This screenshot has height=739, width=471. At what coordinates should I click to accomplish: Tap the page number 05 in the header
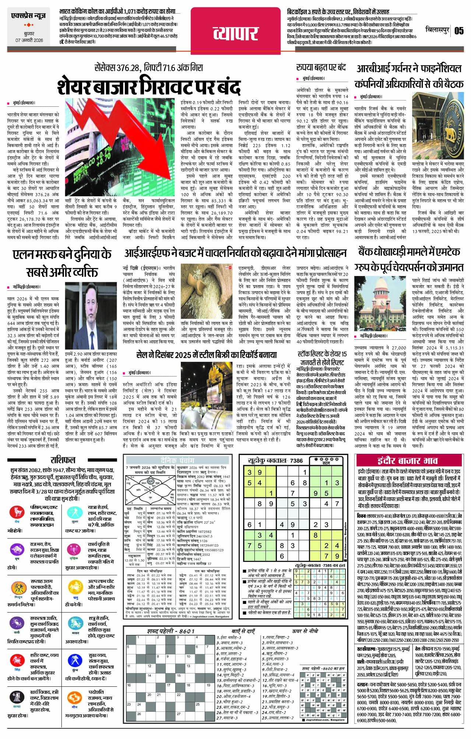coord(459,30)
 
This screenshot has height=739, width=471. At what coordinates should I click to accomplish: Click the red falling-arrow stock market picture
coord(120,147)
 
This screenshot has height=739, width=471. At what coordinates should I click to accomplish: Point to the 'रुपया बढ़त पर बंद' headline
coord(321,67)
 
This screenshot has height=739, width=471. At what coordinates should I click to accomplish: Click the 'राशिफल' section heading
coord(63,460)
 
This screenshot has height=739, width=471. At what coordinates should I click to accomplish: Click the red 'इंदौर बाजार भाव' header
coord(407,460)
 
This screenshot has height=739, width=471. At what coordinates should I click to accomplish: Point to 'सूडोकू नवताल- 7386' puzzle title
coord(276,460)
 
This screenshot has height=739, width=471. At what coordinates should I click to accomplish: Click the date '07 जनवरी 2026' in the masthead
coord(29,40)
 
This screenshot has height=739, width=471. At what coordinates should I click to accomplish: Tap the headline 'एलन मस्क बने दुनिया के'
coord(62,254)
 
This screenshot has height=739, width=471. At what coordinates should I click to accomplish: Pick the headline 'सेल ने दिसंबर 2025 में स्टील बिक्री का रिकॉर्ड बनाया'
coord(206,355)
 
